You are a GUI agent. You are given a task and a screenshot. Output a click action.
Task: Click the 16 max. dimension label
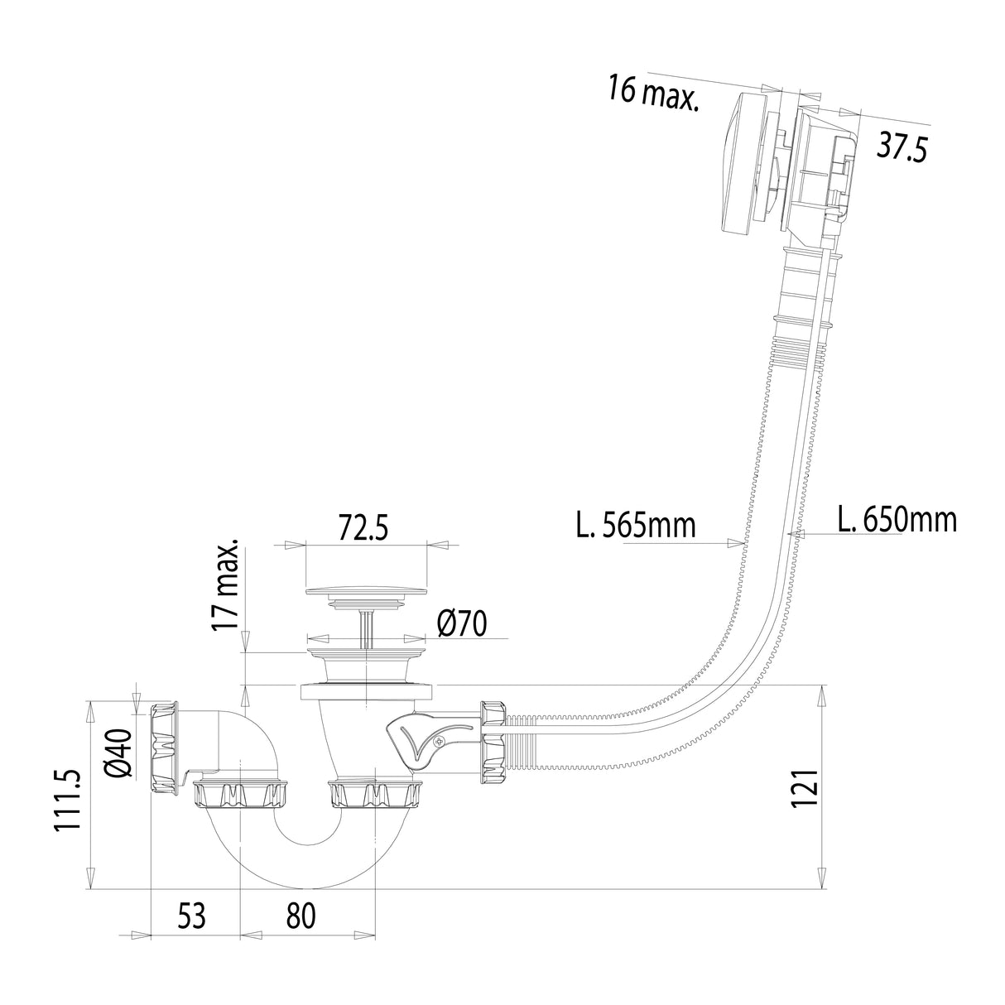pyautogui.click(x=653, y=90)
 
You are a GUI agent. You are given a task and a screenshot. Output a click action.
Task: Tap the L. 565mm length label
pyautogui.click(x=636, y=524)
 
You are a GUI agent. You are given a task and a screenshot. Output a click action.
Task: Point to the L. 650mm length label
pyautogui.click(x=897, y=520)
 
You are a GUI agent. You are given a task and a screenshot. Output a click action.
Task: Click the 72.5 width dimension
pyautogui.click(x=363, y=527)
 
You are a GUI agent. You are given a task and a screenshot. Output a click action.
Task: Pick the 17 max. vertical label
pyautogui.click(x=225, y=585)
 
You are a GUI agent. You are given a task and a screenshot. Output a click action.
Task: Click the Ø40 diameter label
pyautogui.click(x=119, y=753)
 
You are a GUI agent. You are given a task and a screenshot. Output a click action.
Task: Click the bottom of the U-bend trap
pyautogui.click(x=308, y=869)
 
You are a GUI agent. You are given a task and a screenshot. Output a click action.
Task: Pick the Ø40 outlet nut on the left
pyautogui.click(x=166, y=748)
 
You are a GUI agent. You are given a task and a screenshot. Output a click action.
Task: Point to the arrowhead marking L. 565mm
pyautogui.click(x=733, y=543)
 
